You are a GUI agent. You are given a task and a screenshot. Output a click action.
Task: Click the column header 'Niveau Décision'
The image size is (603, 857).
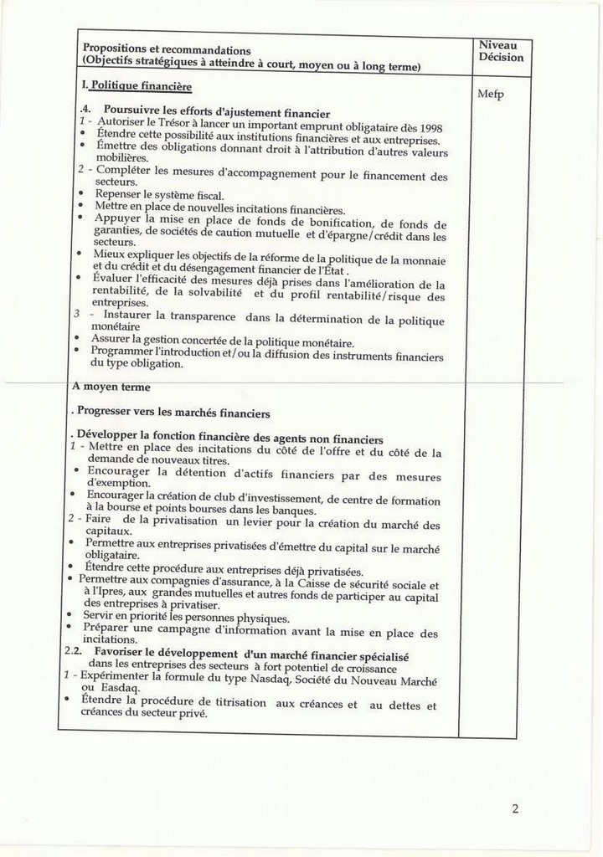pyautogui.click(x=500, y=51)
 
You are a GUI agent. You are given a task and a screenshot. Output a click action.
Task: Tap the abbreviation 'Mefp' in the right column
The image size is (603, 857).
pyautogui.click(x=491, y=94)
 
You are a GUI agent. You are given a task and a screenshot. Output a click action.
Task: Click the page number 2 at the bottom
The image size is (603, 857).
pyautogui.click(x=515, y=808)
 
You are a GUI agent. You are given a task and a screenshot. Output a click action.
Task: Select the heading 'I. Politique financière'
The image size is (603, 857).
pyautogui.click(x=137, y=86)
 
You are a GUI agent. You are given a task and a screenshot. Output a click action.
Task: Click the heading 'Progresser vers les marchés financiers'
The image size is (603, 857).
pyautogui.click(x=173, y=413)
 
